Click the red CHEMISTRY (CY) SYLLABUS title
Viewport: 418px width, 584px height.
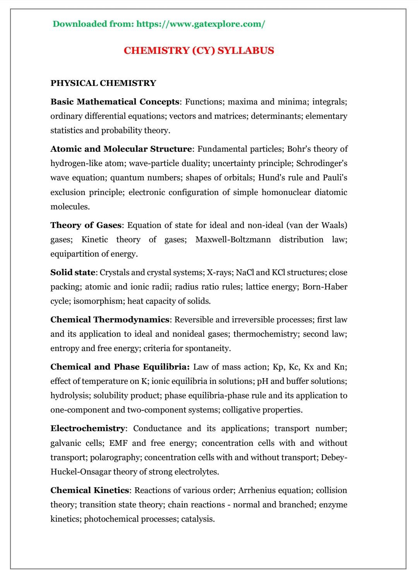click(199, 51)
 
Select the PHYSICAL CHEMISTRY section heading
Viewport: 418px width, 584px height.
click(103, 83)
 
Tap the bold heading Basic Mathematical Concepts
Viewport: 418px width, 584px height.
click(115, 102)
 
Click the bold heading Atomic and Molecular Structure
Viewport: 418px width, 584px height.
click(121, 149)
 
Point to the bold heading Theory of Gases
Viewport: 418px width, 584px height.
click(86, 225)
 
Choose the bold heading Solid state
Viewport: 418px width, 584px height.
click(72, 272)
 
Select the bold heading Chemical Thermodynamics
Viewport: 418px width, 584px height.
click(110, 320)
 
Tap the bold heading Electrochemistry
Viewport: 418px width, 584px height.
click(87, 428)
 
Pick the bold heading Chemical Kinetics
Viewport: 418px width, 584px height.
click(89, 490)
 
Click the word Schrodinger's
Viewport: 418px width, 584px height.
click(322, 163)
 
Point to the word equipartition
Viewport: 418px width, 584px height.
click(75, 254)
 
